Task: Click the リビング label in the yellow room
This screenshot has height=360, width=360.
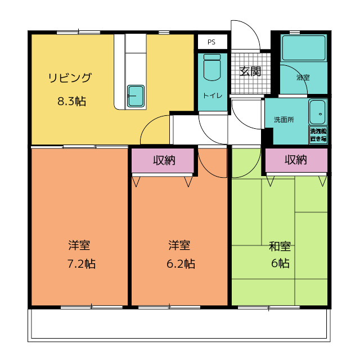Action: click(x=70, y=78)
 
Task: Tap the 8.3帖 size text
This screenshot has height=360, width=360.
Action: click(x=71, y=101)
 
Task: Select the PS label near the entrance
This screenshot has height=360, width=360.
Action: click(x=211, y=42)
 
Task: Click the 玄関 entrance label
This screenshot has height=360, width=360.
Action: click(x=250, y=71)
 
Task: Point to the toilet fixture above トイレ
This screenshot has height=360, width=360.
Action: click(x=212, y=67)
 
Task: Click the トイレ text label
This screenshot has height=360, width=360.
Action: click(x=213, y=95)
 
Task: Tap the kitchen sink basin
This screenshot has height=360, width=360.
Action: click(x=136, y=96)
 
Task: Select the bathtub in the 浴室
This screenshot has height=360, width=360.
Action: click(x=304, y=48)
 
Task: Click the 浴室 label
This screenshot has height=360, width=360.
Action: click(x=303, y=78)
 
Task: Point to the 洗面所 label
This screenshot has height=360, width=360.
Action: click(x=283, y=120)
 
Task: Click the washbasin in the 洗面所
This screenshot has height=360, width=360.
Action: click(x=317, y=112)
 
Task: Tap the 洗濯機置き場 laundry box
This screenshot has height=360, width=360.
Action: click(x=318, y=135)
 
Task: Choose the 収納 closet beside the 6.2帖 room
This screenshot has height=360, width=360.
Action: click(x=163, y=160)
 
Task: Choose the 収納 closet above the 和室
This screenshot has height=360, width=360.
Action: click(x=296, y=160)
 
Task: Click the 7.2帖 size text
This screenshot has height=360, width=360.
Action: click(x=81, y=264)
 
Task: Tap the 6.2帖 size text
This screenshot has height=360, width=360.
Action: click(x=181, y=264)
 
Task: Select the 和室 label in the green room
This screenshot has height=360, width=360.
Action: click(x=280, y=246)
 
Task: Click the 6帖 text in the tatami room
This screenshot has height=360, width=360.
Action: click(x=280, y=263)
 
